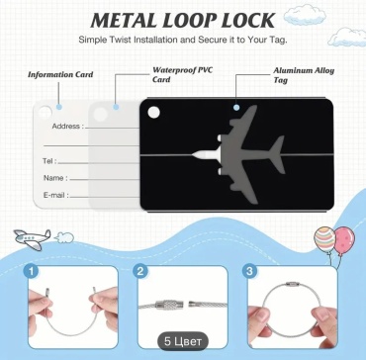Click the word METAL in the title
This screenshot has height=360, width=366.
[121, 21]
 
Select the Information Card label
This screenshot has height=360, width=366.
[60, 74]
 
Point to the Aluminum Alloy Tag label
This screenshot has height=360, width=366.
[304, 75]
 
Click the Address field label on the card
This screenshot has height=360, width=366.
[68, 126]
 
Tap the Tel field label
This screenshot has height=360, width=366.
[49, 161]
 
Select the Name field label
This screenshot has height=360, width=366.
[55, 178]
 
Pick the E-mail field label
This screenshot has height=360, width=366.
[56, 195]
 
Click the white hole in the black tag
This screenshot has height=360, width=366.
[153, 112]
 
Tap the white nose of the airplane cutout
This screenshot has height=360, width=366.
[202, 154]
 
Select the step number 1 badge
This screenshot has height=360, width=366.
[32, 272]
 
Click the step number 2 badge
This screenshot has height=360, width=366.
[139, 272]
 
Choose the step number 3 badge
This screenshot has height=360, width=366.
[249, 272]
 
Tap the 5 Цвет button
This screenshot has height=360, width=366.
[182, 341]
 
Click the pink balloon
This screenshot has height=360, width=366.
[344, 238]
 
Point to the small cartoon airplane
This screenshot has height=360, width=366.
[33, 238]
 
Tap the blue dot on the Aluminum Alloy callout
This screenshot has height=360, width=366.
[236, 108]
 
